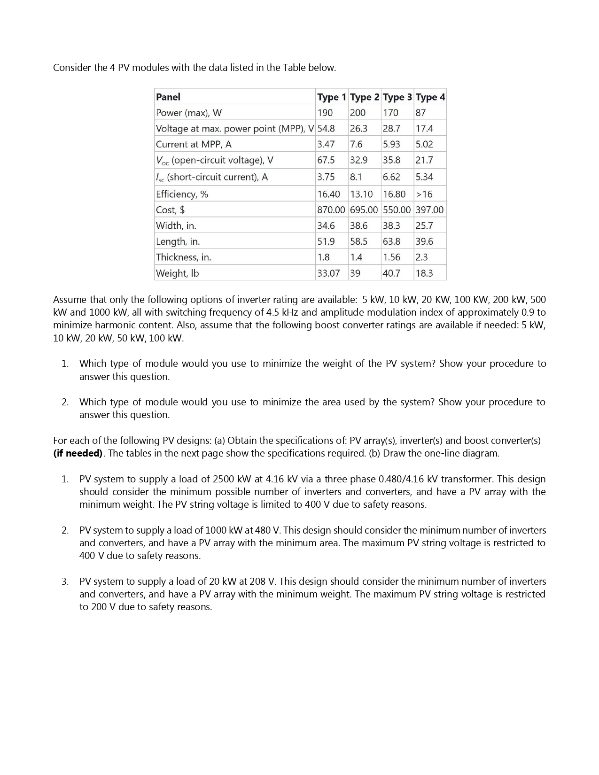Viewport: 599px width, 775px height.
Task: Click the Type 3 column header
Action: pos(397,97)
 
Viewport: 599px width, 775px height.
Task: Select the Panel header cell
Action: pos(168,97)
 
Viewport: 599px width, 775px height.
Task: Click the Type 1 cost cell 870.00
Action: pos(331,210)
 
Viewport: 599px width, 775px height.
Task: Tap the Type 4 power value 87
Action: pos(420,113)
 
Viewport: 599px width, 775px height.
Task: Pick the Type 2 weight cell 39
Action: pos(355,273)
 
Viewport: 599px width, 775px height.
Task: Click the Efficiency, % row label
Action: pos(182,194)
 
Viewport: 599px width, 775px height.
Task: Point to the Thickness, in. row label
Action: pos(183,257)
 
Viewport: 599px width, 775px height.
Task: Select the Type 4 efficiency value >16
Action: pos(424,194)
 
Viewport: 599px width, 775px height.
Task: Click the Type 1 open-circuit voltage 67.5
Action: pos(326,160)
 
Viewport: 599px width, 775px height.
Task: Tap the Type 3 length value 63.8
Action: pos(391,242)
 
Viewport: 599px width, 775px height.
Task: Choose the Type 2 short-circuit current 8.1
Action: pos(356,177)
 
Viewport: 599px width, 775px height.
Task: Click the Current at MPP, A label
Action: pos(194,144)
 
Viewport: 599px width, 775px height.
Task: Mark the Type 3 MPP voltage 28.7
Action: pos(391,129)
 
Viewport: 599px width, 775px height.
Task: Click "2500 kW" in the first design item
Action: pos(232,480)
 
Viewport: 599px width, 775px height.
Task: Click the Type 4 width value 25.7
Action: pos(424,226)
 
